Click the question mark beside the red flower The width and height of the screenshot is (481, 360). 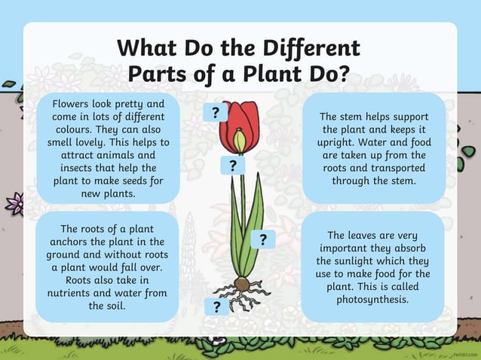pyautogui.click(x=216, y=114)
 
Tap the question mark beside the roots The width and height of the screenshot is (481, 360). pyautogui.click(x=216, y=307)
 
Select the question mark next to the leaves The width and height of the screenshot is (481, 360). pyautogui.click(x=263, y=240)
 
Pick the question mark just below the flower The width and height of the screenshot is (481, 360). pyautogui.click(x=233, y=166)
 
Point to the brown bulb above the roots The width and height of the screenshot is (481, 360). pyautogui.click(x=241, y=285)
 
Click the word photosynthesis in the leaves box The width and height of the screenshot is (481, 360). pyautogui.click(x=373, y=299)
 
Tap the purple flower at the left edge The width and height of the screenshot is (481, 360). pyautogui.click(x=14, y=202)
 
